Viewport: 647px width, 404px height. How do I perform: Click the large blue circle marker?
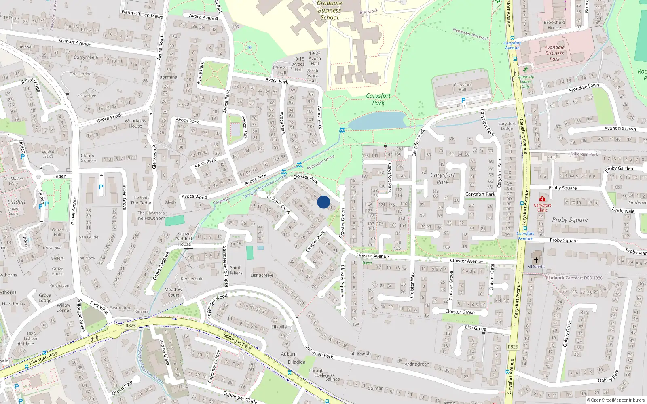323,202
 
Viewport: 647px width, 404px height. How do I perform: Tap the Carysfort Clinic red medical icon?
542,199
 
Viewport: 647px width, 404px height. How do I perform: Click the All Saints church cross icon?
536,260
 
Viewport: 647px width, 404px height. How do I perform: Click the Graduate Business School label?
329,11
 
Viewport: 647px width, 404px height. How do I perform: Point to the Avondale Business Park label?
554,53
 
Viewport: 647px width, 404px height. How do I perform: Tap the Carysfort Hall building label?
462,87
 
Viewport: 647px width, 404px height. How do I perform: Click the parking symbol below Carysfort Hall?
463,100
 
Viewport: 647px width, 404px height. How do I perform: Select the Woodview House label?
135,123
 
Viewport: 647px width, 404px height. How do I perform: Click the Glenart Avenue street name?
75,42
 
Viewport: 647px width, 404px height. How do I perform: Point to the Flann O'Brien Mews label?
142,14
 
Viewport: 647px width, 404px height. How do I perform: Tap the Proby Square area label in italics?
570,220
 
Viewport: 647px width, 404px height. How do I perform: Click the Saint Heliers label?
235,270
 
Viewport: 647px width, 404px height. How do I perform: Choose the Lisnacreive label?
262,275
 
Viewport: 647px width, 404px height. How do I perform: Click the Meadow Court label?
173,292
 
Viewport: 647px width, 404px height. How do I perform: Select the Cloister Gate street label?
492,277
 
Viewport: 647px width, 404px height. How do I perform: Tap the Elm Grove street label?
476,328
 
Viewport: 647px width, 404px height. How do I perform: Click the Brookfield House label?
554,25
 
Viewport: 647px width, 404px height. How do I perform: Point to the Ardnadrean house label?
417,364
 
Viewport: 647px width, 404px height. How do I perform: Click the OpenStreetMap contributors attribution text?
615,400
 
